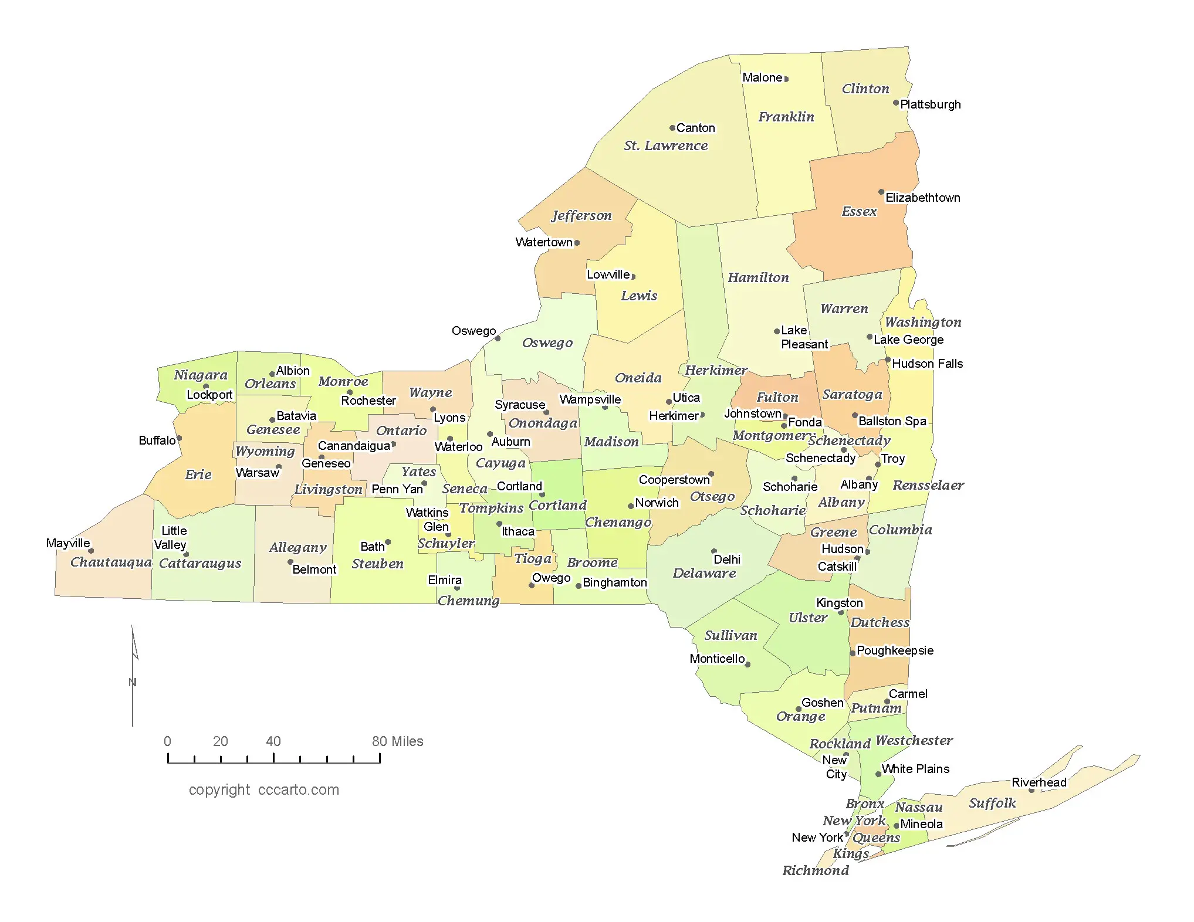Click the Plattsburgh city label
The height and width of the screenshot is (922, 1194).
(x=930, y=104)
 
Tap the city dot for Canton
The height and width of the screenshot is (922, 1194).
(x=672, y=128)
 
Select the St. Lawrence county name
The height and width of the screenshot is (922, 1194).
(x=665, y=145)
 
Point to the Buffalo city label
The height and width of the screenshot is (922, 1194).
(x=157, y=440)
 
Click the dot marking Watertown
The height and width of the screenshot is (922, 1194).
(x=577, y=243)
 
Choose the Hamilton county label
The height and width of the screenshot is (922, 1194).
(x=758, y=277)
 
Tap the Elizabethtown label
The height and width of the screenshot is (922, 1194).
(x=922, y=198)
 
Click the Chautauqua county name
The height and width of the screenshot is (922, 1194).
(x=111, y=562)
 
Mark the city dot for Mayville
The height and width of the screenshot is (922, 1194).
(x=91, y=551)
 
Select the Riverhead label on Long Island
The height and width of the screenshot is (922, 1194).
(x=1039, y=782)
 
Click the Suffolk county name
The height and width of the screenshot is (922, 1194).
(x=992, y=803)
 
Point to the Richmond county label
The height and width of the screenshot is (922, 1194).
(x=815, y=870)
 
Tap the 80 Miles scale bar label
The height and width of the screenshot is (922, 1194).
(x=397, y=741)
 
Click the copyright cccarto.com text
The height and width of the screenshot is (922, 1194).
(x=264, y=790)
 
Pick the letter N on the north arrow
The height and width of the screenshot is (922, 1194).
(x=133, y=682)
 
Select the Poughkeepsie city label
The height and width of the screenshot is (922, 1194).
(x=895, y=650)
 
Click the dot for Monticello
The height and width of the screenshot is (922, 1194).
(x=747, y=665)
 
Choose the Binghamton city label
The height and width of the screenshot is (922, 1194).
(x=614, y=582)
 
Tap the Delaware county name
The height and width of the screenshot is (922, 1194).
(x=704, y=573)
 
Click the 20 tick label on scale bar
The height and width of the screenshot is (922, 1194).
(x=221, y=741)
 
